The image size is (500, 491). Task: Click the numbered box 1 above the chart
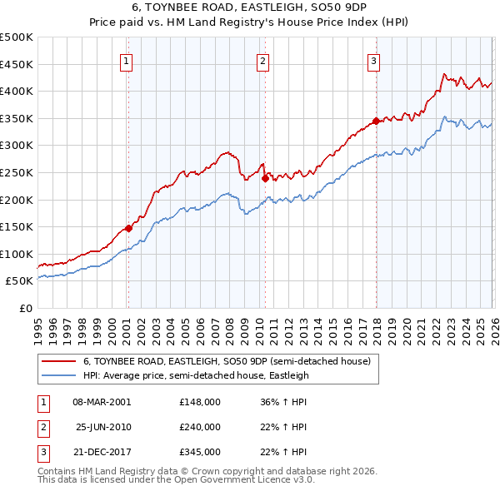pos(127,60)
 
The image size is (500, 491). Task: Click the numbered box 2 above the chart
pos(262,60)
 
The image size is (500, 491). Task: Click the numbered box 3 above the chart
pos(374,60)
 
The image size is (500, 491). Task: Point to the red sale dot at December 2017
pos(376,122)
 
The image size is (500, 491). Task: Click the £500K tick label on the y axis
pos(17,37)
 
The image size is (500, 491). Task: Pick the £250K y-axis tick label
pos(17,172)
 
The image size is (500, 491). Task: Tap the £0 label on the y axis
pos(26,308)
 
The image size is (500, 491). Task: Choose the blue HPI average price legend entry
pos(196,375)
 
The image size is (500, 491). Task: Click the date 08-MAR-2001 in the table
pos(102,402)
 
